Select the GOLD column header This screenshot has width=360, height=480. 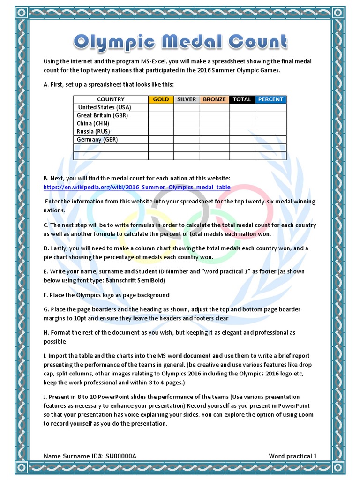coord(161,99)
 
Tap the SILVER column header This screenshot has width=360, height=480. coord(187,99)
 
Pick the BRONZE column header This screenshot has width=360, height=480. coord(214,99)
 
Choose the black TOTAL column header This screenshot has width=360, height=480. coord(242,99)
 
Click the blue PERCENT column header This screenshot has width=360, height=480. coord(270,99)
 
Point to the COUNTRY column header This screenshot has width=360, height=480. coord(111,99)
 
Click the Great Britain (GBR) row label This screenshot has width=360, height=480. coord(102,115)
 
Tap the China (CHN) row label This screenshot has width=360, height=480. coord(93,123)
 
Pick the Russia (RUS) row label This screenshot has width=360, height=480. coord(93,131)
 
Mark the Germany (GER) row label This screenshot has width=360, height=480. coord(97,139)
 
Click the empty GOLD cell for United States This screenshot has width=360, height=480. coord(161,107)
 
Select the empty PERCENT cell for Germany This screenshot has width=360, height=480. coord(270,139)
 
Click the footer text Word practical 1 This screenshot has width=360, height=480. coord(292,456)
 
